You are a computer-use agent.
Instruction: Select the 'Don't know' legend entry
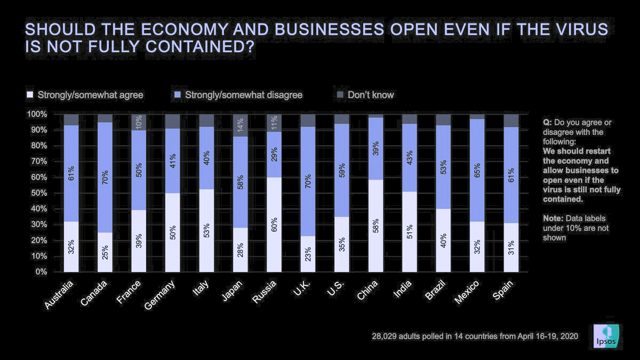pyautogui.click(x=370, y=95)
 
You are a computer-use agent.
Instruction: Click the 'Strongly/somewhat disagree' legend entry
pyautogui.click(x=244, y=95)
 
